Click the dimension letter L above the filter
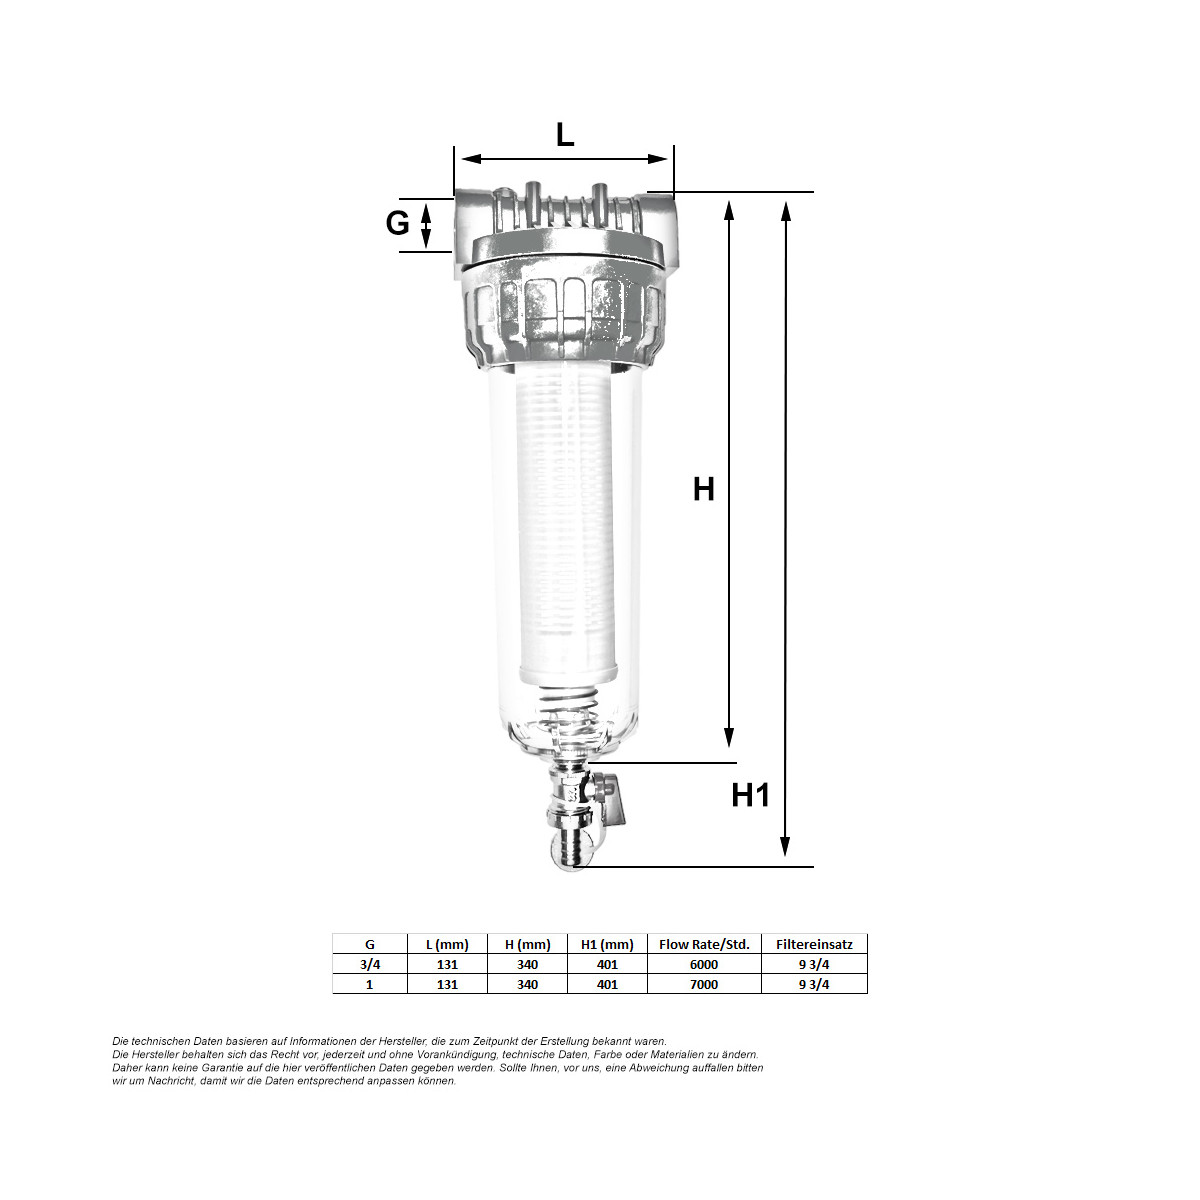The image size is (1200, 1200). [565, 135]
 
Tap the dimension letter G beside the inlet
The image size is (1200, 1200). [397, 223]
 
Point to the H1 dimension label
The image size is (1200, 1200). [751, 795]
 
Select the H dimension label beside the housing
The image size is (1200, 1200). [704, 489]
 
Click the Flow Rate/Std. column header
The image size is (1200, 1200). [704, 944]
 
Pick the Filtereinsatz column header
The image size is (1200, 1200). [814, 944]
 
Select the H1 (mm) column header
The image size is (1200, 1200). [607, 944]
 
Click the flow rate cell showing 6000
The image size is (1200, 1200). [704, 965]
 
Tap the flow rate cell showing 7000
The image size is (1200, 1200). [704, 985]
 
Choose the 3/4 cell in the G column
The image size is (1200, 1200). [370, 965]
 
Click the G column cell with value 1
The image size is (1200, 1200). [370, 985]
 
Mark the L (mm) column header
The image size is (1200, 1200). [447, 944]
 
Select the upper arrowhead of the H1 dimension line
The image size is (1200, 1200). [786, 210]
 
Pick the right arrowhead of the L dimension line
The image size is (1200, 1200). [659, 158]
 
